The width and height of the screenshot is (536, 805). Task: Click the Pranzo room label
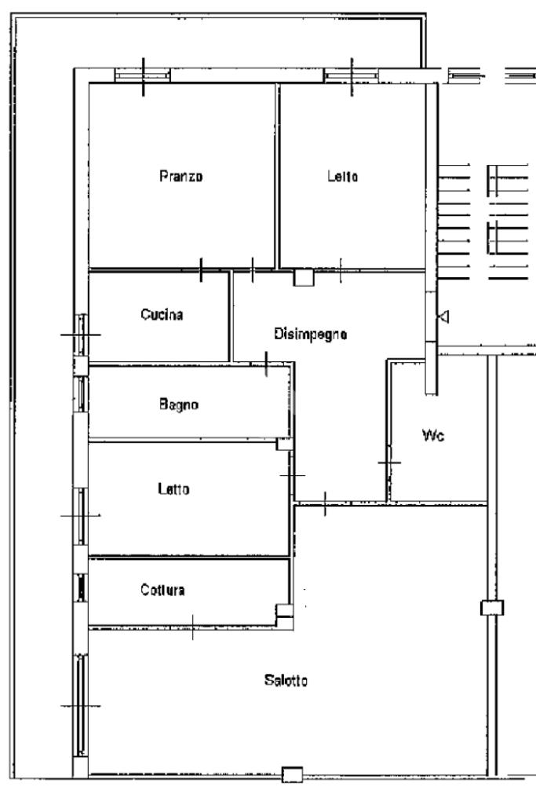(181, 177)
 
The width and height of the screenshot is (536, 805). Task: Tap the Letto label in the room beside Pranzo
(343, 177)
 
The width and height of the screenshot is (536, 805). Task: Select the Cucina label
(162, 314)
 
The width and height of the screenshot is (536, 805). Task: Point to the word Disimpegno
(310, 335)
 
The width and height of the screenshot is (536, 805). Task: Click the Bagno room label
(178, 404)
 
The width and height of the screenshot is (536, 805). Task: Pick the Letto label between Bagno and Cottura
(173, 488)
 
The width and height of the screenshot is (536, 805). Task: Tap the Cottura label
(162, 590)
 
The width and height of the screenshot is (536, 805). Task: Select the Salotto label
(286, 680)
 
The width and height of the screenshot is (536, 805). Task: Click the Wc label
(433, 436)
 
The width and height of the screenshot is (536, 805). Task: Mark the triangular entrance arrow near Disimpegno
(444, 317)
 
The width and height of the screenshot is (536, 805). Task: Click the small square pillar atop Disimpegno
(303, 277)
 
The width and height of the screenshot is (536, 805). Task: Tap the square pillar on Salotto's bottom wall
(293, 774)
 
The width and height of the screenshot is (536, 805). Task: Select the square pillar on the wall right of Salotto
(492, 608)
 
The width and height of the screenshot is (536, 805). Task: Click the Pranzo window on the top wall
(142, 76)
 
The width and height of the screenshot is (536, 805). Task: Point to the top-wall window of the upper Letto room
(352, 76)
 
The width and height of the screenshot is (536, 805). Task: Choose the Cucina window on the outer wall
(81, 335)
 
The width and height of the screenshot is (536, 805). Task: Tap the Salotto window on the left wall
(81, 706)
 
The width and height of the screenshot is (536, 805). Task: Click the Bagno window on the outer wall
(81, 394)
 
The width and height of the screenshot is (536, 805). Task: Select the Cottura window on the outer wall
(81, 587)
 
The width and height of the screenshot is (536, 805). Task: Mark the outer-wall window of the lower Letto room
(81, 516)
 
